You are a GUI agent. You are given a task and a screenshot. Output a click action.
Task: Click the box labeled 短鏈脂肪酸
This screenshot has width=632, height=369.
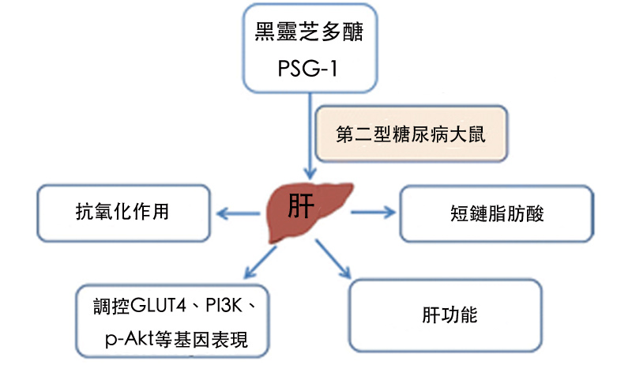(x=495, y=213)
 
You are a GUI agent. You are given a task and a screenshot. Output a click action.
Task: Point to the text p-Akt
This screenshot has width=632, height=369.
(x=129, y=341)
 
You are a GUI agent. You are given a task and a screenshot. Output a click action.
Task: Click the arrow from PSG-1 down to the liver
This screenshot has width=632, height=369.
(x=310, y=134)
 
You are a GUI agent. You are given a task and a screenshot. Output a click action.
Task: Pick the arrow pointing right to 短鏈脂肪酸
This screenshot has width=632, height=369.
(x=371, y=212)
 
